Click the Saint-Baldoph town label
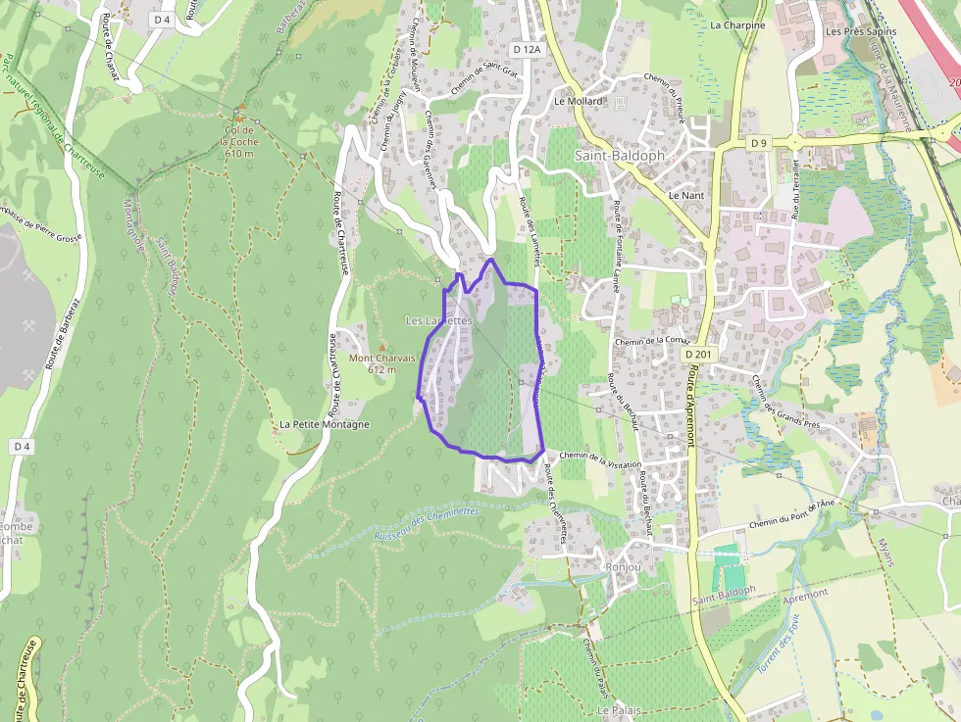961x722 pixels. [x=619, y=155]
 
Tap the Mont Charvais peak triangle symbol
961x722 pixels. [x=382, y=348]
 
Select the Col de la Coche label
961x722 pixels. [x=240, y=142]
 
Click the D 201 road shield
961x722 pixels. [x=699, y=354]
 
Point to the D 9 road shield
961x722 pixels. [x=758, y=144]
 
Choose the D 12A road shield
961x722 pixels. [x=527, y=49]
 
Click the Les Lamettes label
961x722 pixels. [x=438, y=320]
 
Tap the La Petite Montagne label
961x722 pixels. [x=325, y=424]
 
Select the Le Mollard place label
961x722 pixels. [x=578, y=101]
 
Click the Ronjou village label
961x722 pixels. [x=624, y=566]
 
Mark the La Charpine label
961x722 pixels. [x=737, y=25]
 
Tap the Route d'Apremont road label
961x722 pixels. [x=692, y=405]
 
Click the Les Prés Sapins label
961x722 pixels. [x=860, y=31]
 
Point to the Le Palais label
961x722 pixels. [x=618, y=709]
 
